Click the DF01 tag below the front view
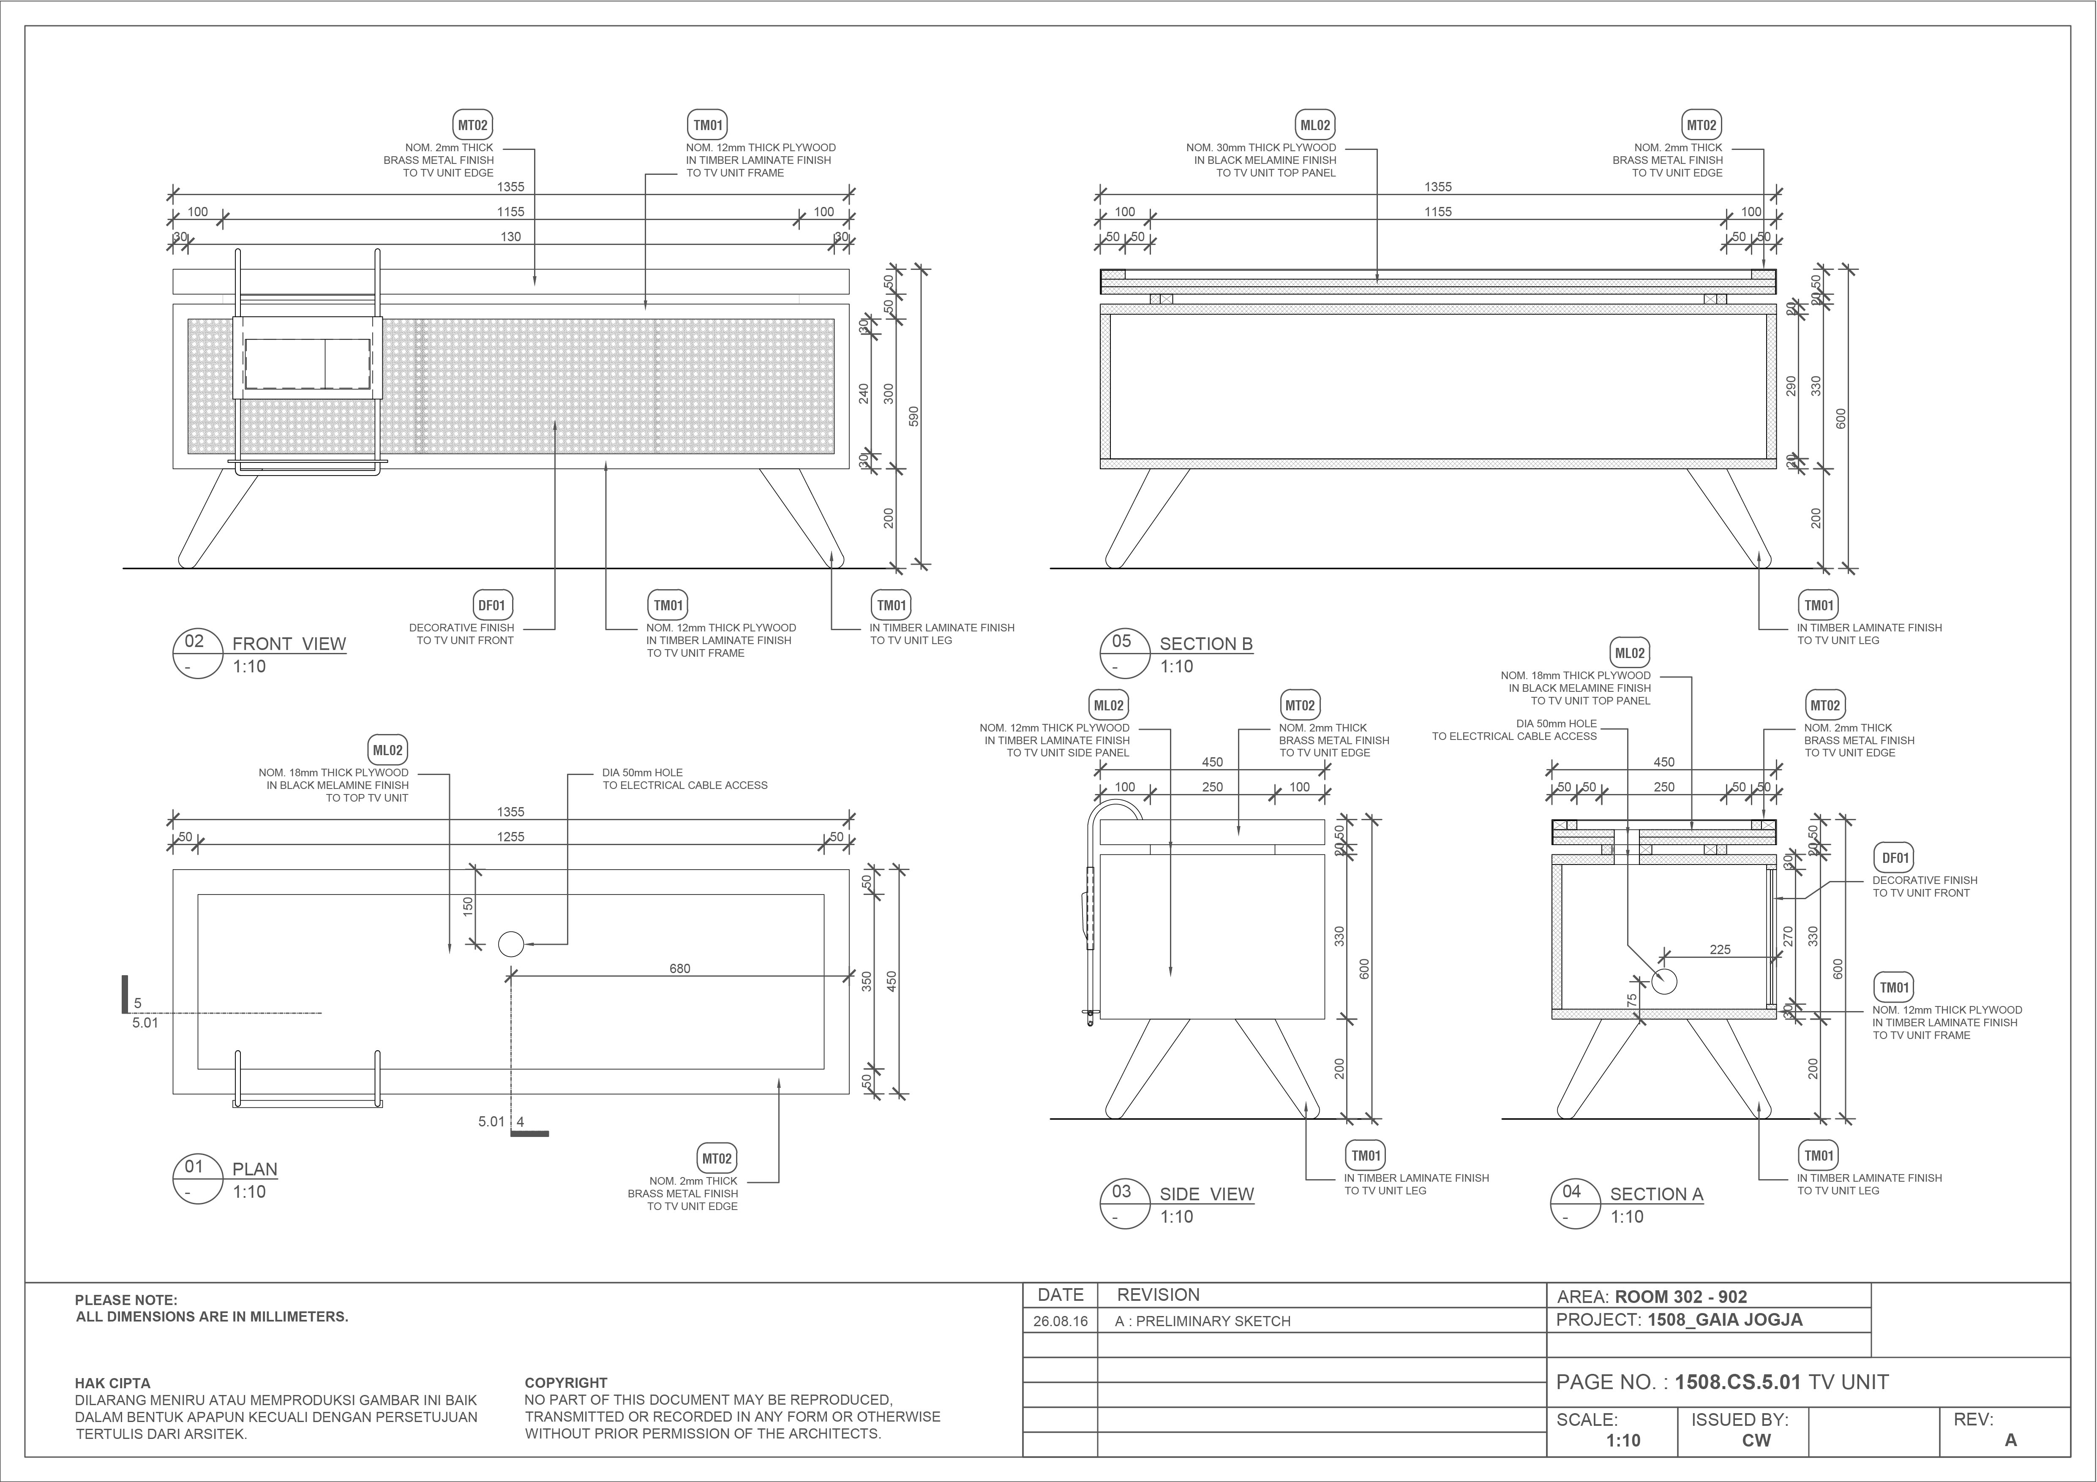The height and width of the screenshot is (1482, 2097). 491,605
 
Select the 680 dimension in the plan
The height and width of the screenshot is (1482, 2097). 679,969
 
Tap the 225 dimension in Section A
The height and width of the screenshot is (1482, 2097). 1720,950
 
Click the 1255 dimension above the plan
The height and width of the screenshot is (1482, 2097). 510,836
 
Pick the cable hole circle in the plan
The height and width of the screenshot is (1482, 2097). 510,944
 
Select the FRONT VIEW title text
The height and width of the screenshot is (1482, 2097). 289,644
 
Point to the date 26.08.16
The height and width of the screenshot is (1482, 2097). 1061,1321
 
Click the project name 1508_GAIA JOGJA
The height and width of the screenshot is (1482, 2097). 1724,1319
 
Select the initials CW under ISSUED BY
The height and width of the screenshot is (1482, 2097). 1756,1440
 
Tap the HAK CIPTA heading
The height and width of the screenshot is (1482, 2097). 112,1382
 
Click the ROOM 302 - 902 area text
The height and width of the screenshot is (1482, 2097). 1680,1297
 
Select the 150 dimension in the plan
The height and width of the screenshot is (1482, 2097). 468,907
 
